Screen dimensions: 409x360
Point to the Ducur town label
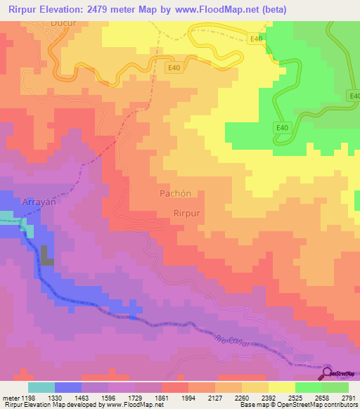click(x=63, y=22)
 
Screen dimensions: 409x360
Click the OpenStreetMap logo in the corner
click(x=340, y=373)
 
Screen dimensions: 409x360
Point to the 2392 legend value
click(x=269, y=397)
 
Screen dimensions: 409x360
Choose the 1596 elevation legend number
click(x=107, y=397)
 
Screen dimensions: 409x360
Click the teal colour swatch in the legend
click(x=41, y=387)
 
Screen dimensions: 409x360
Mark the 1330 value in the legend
click(x=53, y=397)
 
